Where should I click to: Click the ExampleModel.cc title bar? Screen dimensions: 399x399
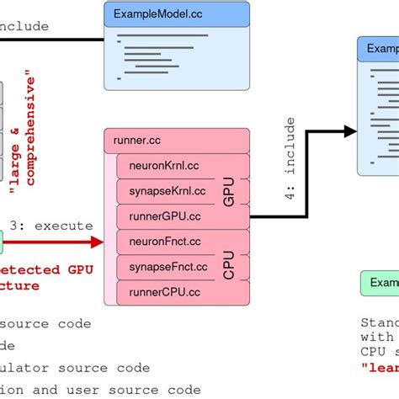click(176, 13)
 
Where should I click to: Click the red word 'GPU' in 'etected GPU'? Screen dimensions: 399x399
click(75, 269)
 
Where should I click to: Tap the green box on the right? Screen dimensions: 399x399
click(380, 283)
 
